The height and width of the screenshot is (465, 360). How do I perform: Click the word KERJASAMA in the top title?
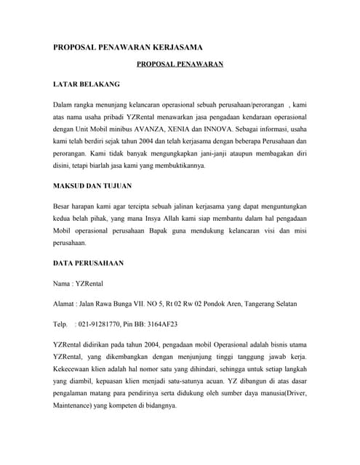(175, 47)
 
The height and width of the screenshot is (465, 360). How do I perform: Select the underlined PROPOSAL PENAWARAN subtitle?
(180, 65)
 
